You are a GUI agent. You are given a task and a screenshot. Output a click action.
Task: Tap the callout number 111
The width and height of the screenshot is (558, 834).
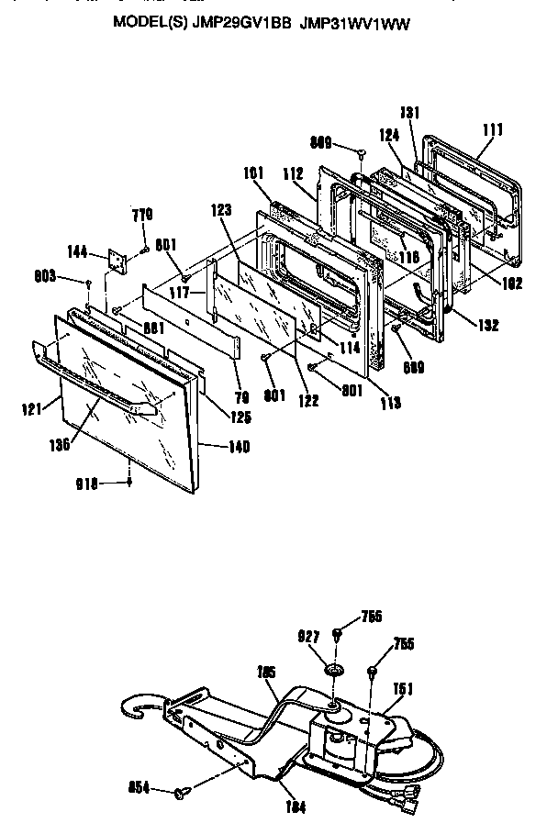tap(493, 130)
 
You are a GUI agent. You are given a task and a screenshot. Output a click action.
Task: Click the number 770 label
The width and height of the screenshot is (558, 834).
tap(141, 216)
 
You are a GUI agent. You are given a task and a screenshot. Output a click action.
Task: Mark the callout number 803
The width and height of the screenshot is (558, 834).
tap(70, 274)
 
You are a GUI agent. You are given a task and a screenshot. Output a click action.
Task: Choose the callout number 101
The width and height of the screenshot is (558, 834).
tap(253, 172)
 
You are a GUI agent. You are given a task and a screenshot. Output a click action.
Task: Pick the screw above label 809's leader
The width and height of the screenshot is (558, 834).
tap(364, 150)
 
